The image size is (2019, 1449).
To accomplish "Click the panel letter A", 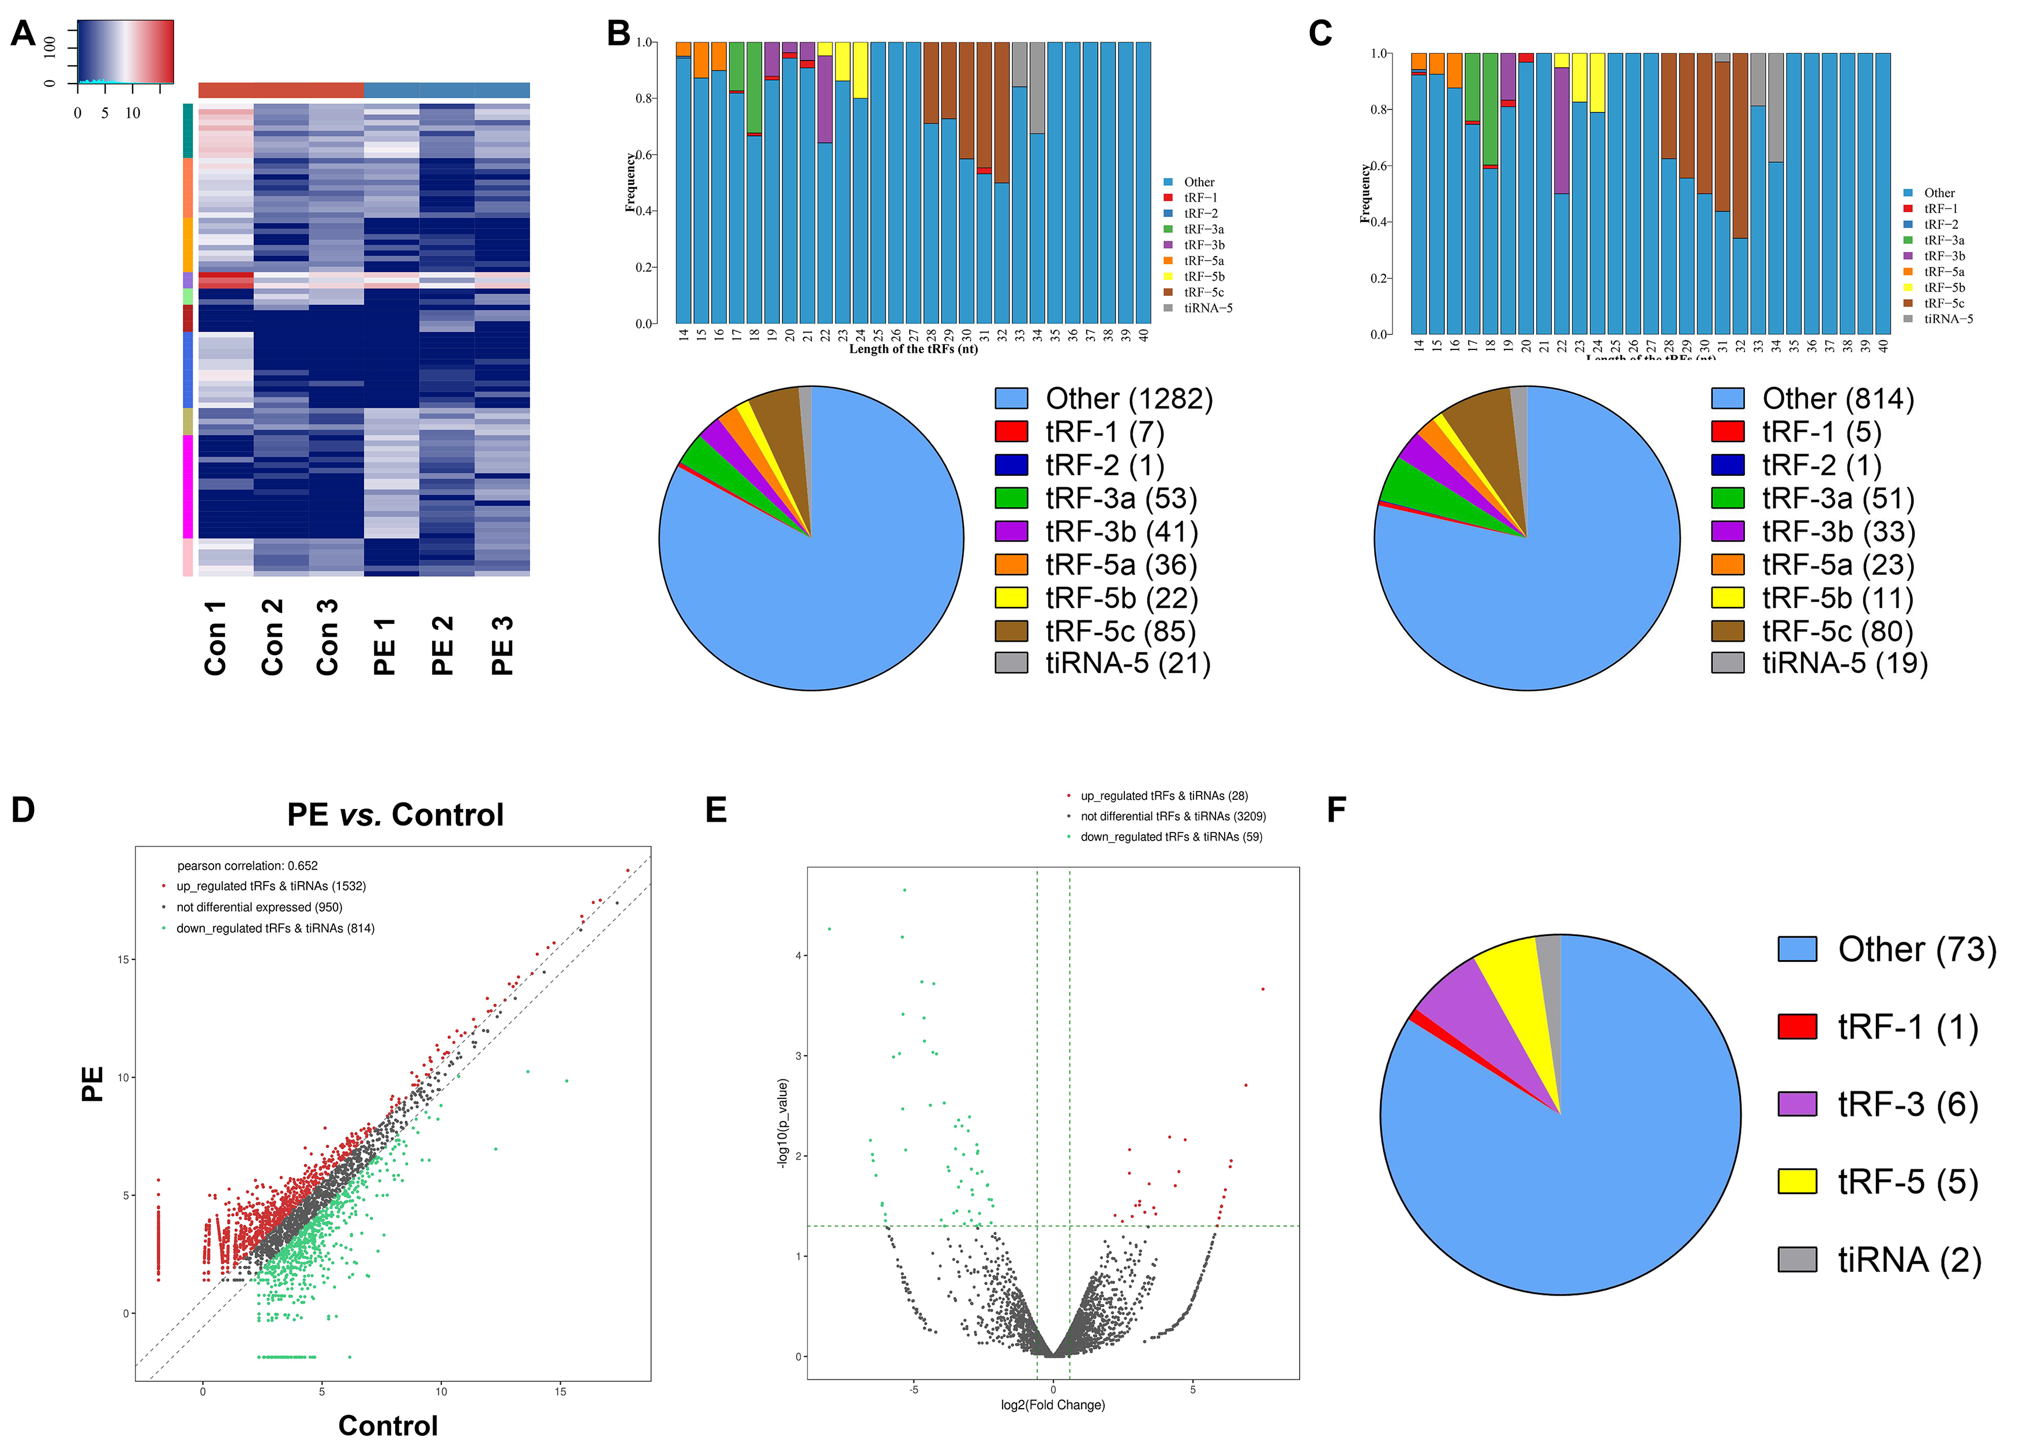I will coord(23,34).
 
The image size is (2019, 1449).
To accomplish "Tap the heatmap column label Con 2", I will coord(272,637).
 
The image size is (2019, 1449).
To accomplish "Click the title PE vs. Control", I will coord(395,814).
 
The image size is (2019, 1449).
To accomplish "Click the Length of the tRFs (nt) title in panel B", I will coord(913,349).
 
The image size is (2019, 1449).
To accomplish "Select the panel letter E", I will coord(716,810).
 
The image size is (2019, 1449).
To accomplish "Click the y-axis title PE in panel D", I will coord(92,1083).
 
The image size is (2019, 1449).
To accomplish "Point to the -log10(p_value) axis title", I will coord(782,1123).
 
